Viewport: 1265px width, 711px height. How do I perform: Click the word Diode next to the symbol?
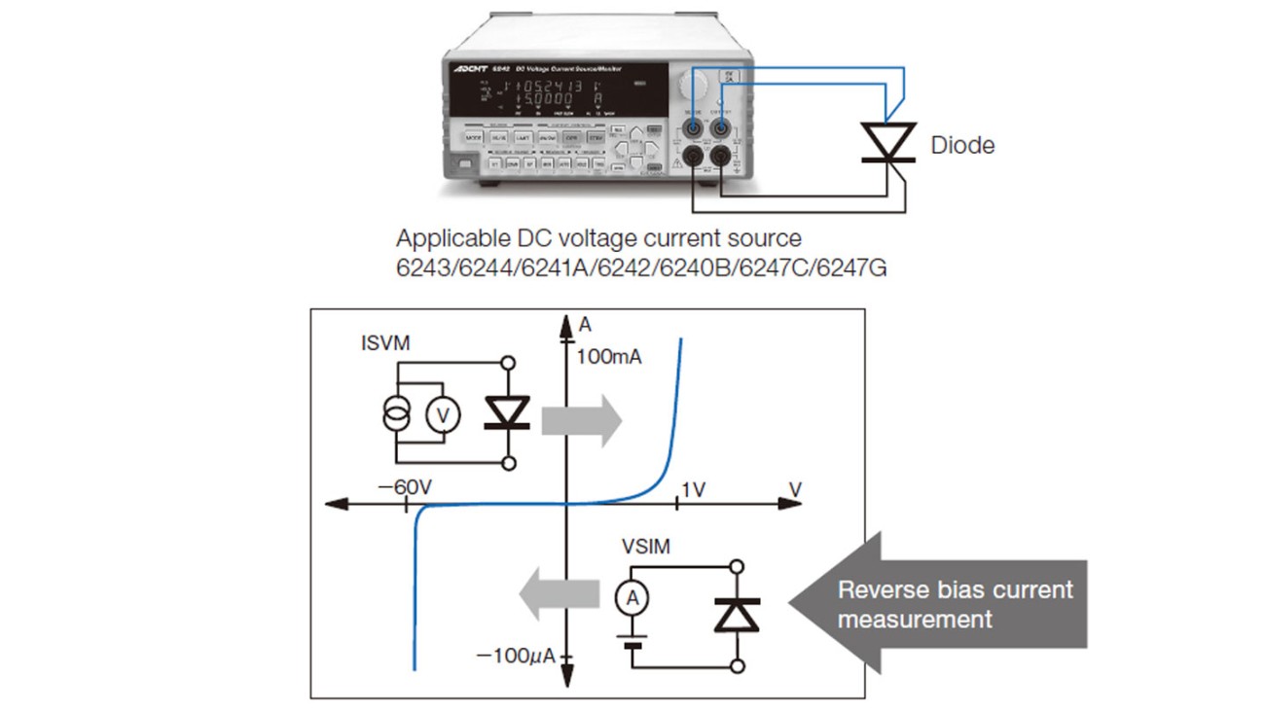(x=962, y=146)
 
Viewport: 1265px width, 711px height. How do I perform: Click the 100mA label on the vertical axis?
(x=609, y=357)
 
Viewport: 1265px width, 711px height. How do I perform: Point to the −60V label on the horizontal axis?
(x=406, y=486)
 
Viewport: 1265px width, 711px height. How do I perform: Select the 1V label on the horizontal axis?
(x=692, y=489)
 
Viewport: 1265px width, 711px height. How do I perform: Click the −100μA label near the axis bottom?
(x=516, y=657)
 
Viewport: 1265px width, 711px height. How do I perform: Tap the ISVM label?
(x=385, y=342)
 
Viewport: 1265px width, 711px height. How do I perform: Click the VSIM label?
(x=646, y=547)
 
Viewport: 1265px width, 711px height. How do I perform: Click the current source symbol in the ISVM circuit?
(x=398, y=413)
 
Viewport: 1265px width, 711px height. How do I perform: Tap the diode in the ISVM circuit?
(x=506, y=412)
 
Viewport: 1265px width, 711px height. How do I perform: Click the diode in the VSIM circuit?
(x=737, y=615)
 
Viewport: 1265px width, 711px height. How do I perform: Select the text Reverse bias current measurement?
(x=956, y=604)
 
